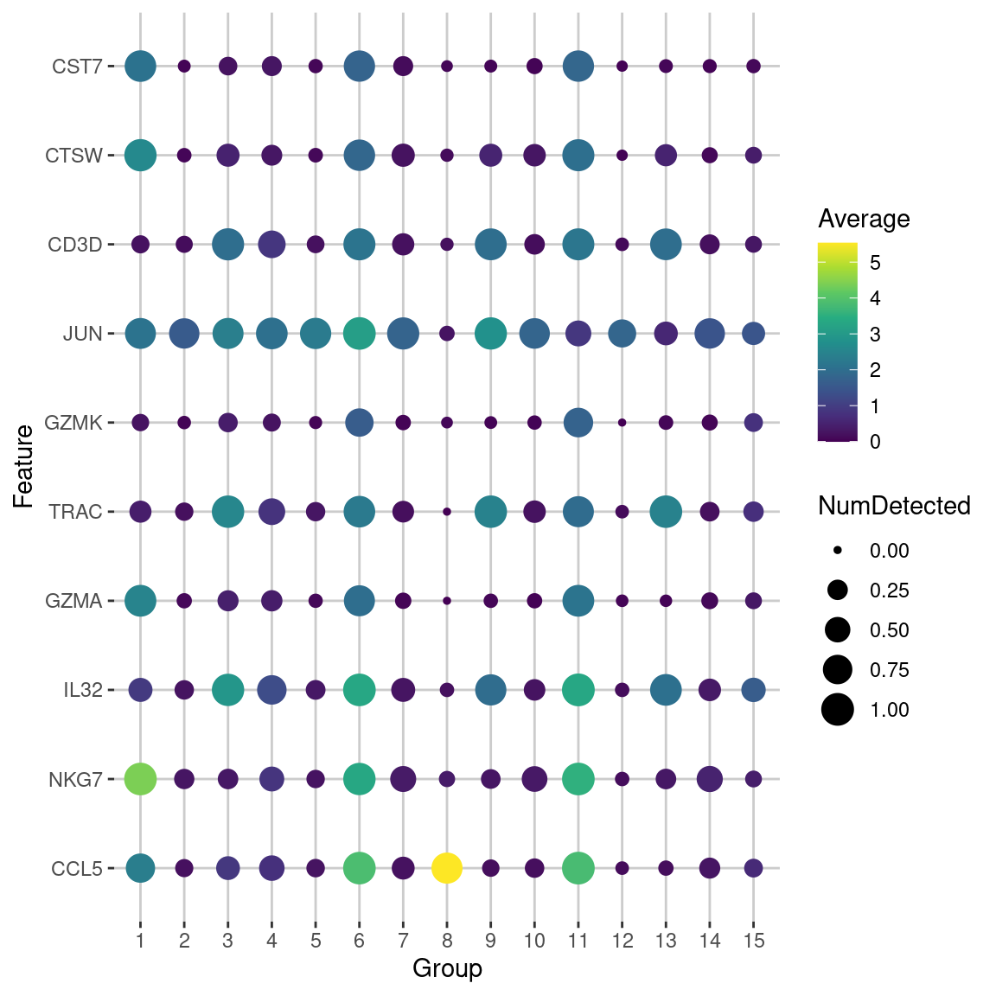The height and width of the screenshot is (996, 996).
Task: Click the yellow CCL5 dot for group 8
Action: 447,868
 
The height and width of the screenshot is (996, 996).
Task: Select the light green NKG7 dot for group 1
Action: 140,779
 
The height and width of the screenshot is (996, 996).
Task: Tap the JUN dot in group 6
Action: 359,334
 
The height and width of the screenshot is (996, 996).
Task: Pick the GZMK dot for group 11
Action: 578,423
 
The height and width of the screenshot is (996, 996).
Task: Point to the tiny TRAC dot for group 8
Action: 447,512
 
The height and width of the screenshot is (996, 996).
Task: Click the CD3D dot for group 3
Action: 227,245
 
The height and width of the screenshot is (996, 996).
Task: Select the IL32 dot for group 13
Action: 666,690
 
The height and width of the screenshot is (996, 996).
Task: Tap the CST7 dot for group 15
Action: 753,67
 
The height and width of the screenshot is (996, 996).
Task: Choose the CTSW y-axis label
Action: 74,156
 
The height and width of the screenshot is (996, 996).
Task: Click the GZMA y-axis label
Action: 73,602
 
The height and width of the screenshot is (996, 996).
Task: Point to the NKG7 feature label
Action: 75,780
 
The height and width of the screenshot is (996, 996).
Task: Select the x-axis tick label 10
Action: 534,941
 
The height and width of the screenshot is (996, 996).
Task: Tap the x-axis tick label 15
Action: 753,941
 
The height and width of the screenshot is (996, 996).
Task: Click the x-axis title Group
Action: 447,968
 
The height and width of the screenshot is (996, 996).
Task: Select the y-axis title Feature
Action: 24,467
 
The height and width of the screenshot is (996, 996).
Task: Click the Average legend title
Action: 864,219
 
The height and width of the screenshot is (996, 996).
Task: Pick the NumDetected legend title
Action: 894,506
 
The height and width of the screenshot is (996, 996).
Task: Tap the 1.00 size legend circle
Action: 838,710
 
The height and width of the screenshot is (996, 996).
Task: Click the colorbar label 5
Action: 875,263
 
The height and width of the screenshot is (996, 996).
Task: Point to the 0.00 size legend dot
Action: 838,551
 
